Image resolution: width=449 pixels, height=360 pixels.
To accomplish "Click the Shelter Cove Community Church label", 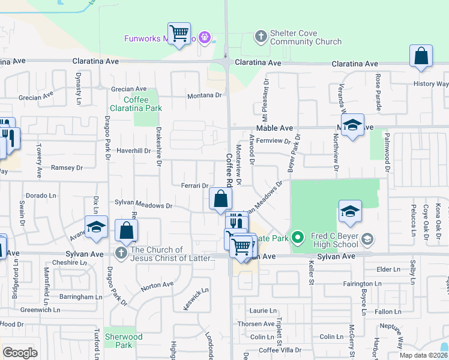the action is [x=306, y=37].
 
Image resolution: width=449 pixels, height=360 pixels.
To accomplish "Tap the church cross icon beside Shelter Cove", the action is [x=261, y=37].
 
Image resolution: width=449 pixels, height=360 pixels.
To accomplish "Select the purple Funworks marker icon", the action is [x=205, y=38].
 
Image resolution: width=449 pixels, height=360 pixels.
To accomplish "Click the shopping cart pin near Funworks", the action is [x=179, y=34].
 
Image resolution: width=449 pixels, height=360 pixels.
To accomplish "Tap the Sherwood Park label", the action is [x=124, y=341].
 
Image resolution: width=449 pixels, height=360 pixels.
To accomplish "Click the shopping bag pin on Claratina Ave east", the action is [x=421, y=57].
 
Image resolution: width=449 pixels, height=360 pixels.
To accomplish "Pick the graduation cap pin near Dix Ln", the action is [x=96, y=227].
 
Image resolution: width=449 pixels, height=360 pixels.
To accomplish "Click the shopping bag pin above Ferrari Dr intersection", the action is [x=220, y=199].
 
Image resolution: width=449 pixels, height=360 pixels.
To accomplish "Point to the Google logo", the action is [x=20, y=353].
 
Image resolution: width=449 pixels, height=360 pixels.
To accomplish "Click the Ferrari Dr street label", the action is [x=194, y=186].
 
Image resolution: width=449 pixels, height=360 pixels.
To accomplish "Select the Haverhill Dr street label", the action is [x=133, y=151].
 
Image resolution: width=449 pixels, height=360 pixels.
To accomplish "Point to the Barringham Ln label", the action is [x=77, y=296].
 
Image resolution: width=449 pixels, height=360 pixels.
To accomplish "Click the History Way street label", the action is [x=431, y=84].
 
